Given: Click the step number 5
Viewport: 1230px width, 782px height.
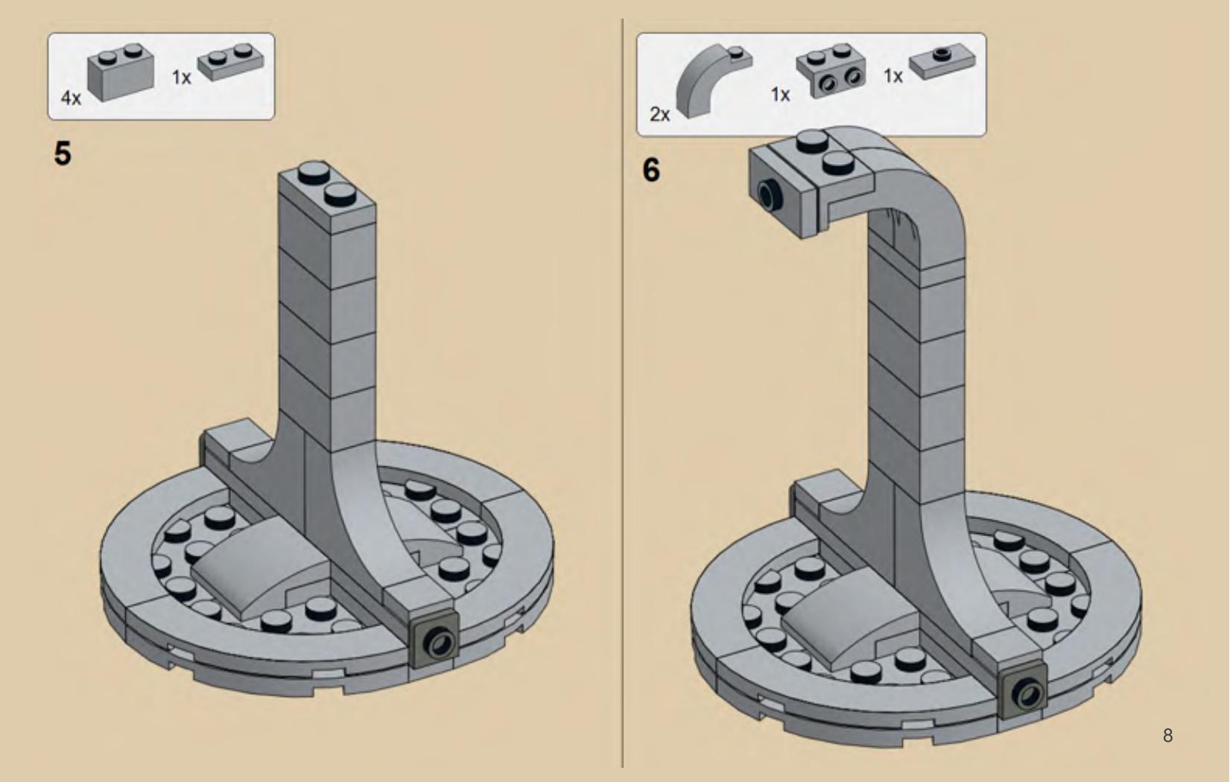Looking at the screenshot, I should [x=63, y=153].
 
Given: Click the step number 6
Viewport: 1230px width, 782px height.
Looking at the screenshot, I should [x=651, y=170].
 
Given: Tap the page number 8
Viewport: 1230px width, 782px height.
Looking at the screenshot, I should [x=1167, y=736].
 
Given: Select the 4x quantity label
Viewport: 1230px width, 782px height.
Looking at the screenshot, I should [x=71, y=98].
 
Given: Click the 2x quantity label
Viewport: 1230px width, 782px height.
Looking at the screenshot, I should [x=659, y=114].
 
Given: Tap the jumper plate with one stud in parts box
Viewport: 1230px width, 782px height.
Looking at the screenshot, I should [x=942, y=62].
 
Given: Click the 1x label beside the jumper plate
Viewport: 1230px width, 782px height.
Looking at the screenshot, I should [x=893, y=76].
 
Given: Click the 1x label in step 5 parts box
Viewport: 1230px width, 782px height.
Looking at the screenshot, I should [x=182, y=77].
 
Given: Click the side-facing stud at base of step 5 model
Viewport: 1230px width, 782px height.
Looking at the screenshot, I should [x=435, y=642].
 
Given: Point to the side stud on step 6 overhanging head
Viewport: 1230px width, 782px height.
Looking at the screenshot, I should [x=767, y=194].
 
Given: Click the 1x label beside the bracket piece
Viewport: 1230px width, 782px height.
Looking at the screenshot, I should [x=780, y=95].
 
